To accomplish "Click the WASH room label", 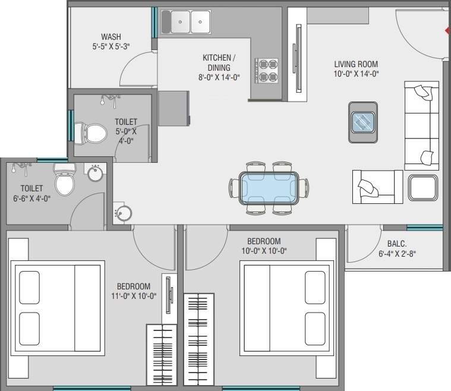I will pos(111,36).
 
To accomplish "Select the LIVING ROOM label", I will pos(356,64).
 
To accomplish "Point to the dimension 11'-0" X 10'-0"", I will pos(133,296).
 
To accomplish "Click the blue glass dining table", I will pos(269,187).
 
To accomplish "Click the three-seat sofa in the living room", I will pos(421,125).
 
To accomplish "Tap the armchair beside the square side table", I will pos(377,187).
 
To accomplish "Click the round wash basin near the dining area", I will pos(124,213).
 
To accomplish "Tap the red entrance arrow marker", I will pos(447,29).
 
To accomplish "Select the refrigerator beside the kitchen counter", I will pos(174,108).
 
